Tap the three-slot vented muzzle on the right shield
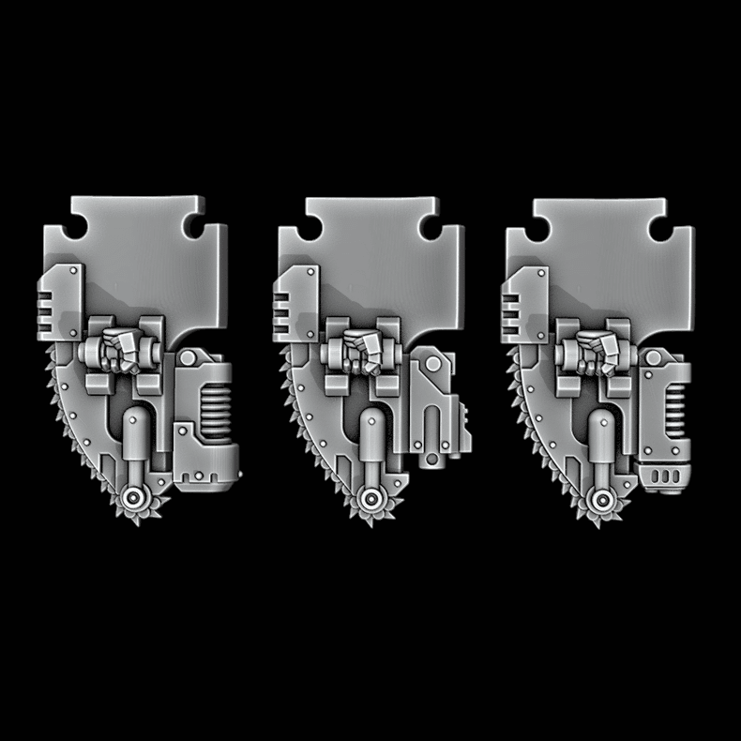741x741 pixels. tap(665, 476)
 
